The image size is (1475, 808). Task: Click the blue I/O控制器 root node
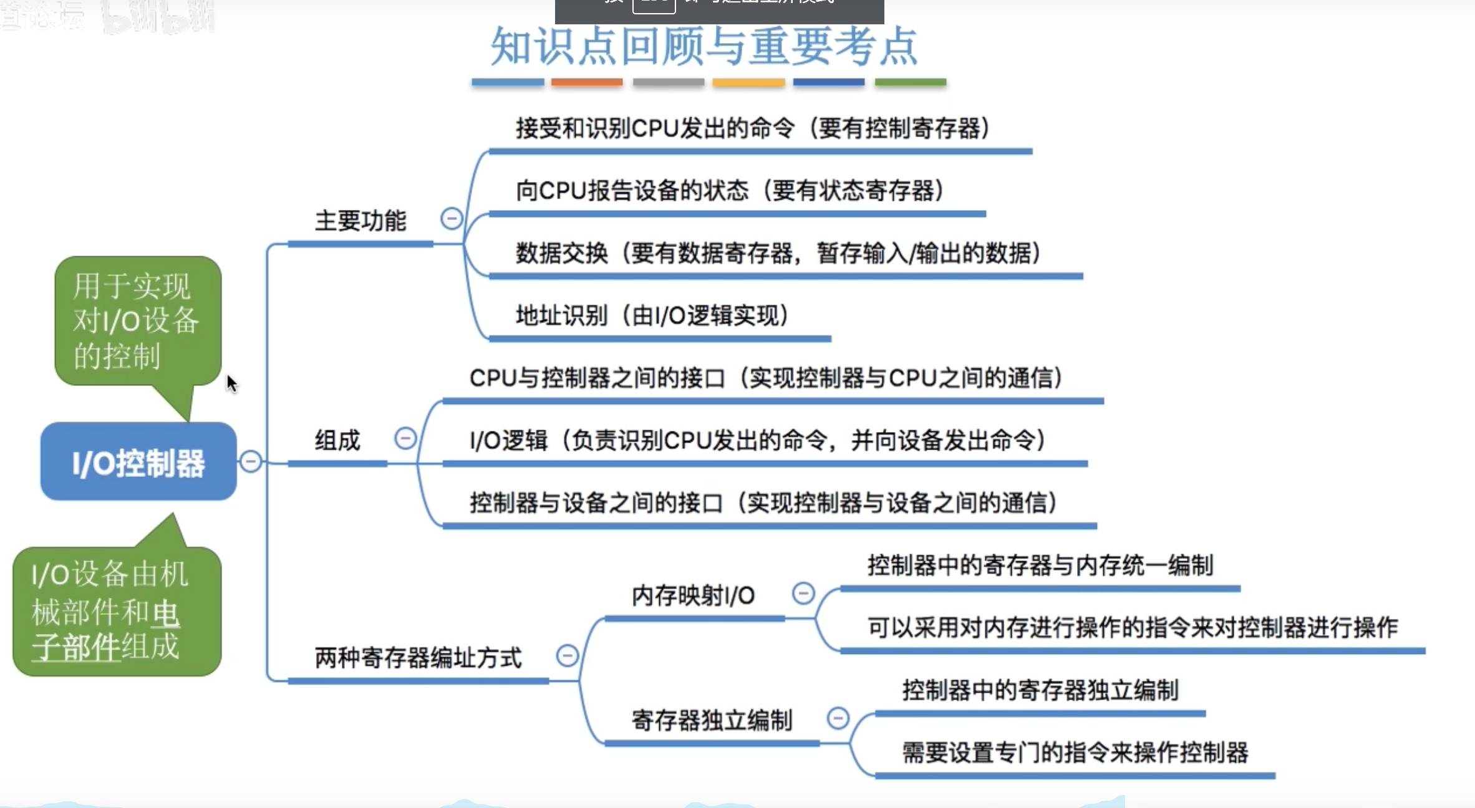coord(138,462)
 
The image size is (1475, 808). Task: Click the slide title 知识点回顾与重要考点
coord(704,47)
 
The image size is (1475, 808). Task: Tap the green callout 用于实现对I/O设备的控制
coord(137,320)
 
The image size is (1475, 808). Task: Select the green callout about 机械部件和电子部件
coord(117,610)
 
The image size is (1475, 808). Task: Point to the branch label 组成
coord(337,441)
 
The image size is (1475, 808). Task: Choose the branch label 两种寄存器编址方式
coord(418,658)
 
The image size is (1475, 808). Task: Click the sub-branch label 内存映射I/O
coord(693,596)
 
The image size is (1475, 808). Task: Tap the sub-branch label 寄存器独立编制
coord(712,721)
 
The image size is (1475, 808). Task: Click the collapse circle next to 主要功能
coord(452,219)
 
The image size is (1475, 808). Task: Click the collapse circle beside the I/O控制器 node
coord(251,462)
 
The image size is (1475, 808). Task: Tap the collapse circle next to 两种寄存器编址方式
coord(568,656)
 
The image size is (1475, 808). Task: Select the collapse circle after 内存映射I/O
coord(803,593)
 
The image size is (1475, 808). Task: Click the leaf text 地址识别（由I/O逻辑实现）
coord(652,315)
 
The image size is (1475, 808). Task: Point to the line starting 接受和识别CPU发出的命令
coord(752,128)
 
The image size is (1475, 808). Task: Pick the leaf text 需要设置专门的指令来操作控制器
coord(1075,753)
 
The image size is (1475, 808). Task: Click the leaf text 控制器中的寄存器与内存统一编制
coord(1040,565)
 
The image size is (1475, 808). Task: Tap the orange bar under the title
coord(587,82)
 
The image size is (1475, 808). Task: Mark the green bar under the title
coord(911,82)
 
